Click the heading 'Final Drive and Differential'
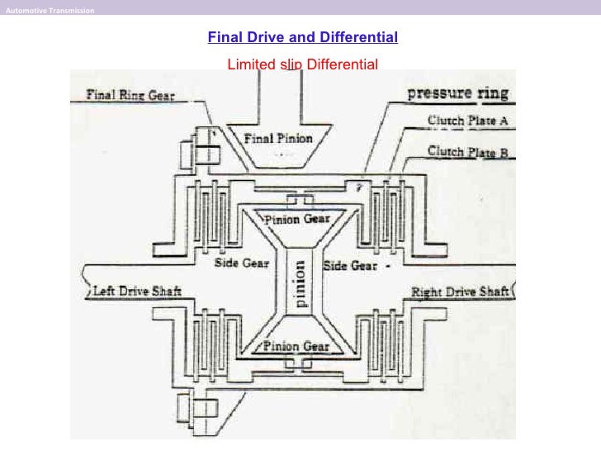click(302, 37)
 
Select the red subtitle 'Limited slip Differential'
click(302, 64)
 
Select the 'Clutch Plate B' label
click(467, 151)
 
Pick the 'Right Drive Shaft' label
click(460, 292)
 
